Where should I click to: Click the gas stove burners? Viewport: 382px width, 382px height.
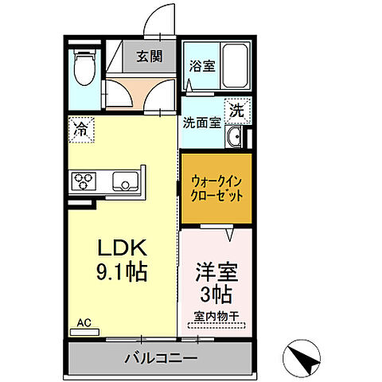tap(84, 181)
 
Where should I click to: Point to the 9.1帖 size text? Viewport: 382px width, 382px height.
tap(120, 273)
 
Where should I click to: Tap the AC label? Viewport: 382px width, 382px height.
tap(83, 323)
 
